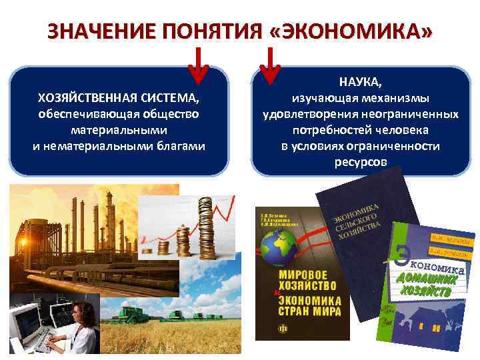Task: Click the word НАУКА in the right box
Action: (360, 83)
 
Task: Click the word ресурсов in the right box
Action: (360, 162)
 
